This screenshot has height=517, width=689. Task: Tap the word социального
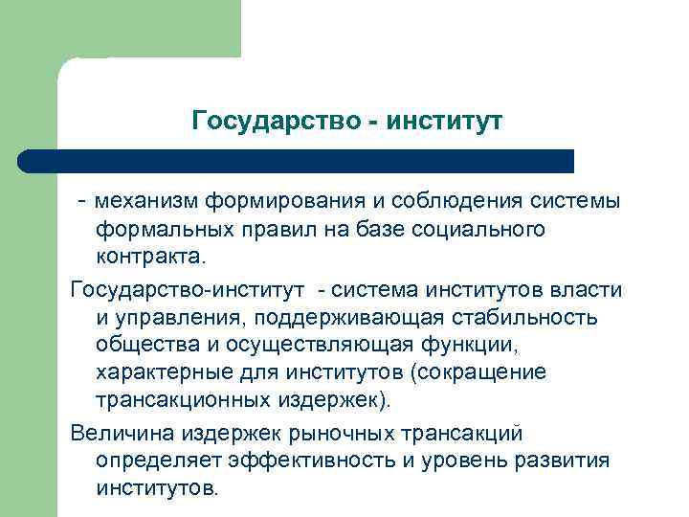click(481, 230)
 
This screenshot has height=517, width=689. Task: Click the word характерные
click(157, 372)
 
